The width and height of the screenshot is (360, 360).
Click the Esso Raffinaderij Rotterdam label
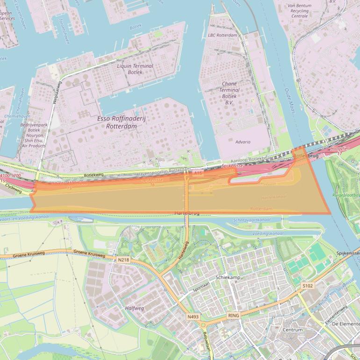[x=122, y=122]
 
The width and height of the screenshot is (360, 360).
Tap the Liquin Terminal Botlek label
[x=135, y=69]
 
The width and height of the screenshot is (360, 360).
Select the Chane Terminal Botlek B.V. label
[x=229, y=93]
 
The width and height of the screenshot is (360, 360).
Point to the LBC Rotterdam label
[x=223, y=36]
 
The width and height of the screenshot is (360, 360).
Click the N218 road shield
[x=123, y=259]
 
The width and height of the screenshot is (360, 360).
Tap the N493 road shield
[x=193, y=317]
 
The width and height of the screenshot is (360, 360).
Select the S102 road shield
[x=307, y=286]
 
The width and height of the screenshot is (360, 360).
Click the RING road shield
[x=233, y=316]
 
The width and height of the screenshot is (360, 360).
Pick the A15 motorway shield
[x=198, y=173]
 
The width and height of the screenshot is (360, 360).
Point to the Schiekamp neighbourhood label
[x=228, y=277]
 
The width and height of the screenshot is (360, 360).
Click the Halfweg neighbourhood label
[x=135, y=309]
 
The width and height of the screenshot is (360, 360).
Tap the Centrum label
[x=293, y=330]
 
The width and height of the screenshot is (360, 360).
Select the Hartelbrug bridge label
[x=187, y=213]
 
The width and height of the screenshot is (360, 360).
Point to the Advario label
[x=243, y=142]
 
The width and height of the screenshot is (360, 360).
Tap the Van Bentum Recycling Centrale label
[x=300, y=10]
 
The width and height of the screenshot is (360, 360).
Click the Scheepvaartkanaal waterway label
[x=252, y=220]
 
